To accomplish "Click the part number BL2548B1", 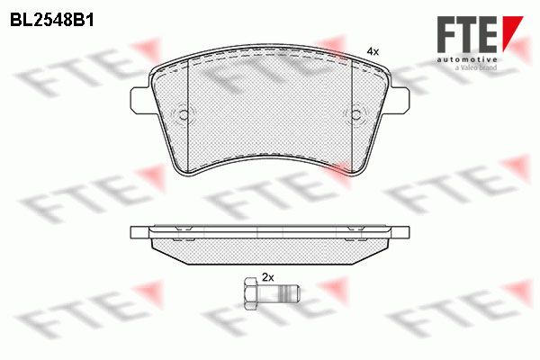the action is coord(51,21).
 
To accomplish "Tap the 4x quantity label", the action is coord(373,52).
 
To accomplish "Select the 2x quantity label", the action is coord(268,277).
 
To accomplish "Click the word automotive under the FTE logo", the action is coord(467,59).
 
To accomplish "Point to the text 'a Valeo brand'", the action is coord(476,67).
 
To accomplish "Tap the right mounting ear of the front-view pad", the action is coord(400,100).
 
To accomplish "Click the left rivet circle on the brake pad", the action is coord(184,114).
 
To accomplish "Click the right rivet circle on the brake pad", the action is coord(356,114).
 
